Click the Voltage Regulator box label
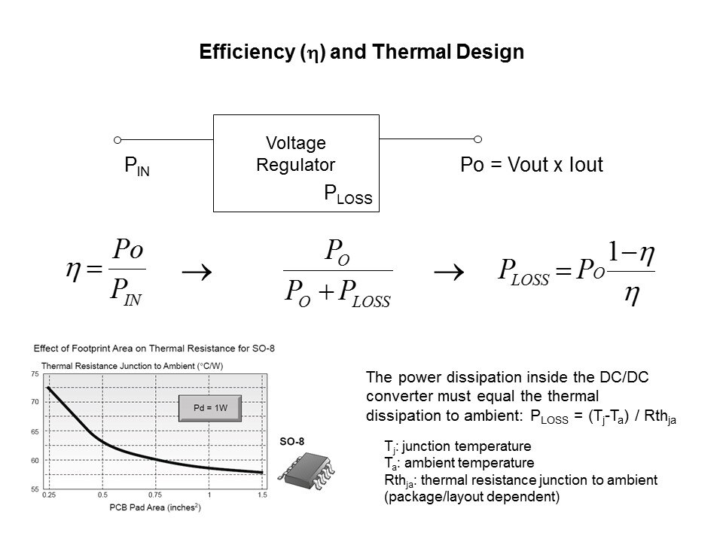tap(296, 154)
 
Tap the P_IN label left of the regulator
tap(136, 167)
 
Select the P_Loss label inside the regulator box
tap(348, 195)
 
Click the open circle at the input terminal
tap(117, 139)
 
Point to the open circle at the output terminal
tap(477, 139)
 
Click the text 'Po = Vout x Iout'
tap(532, 166)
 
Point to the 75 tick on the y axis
tap(35, 374)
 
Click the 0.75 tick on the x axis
tap(154, 495)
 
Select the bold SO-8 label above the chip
tap(291, 442)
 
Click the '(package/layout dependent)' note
tap(471, 497)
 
